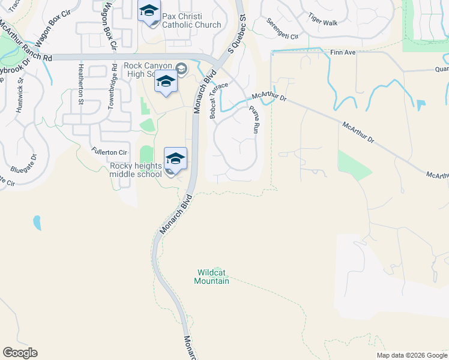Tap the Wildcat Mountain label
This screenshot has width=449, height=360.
pos(213,277)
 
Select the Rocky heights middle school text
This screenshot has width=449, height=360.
pos(136,169)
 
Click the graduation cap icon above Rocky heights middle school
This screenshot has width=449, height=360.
pos(175,159)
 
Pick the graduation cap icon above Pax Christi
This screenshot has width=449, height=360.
pos(149,11)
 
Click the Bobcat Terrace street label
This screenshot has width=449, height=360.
pos(219,100)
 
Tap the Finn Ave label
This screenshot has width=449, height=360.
pos(343,53)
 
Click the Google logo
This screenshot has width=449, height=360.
pos(20,353)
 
